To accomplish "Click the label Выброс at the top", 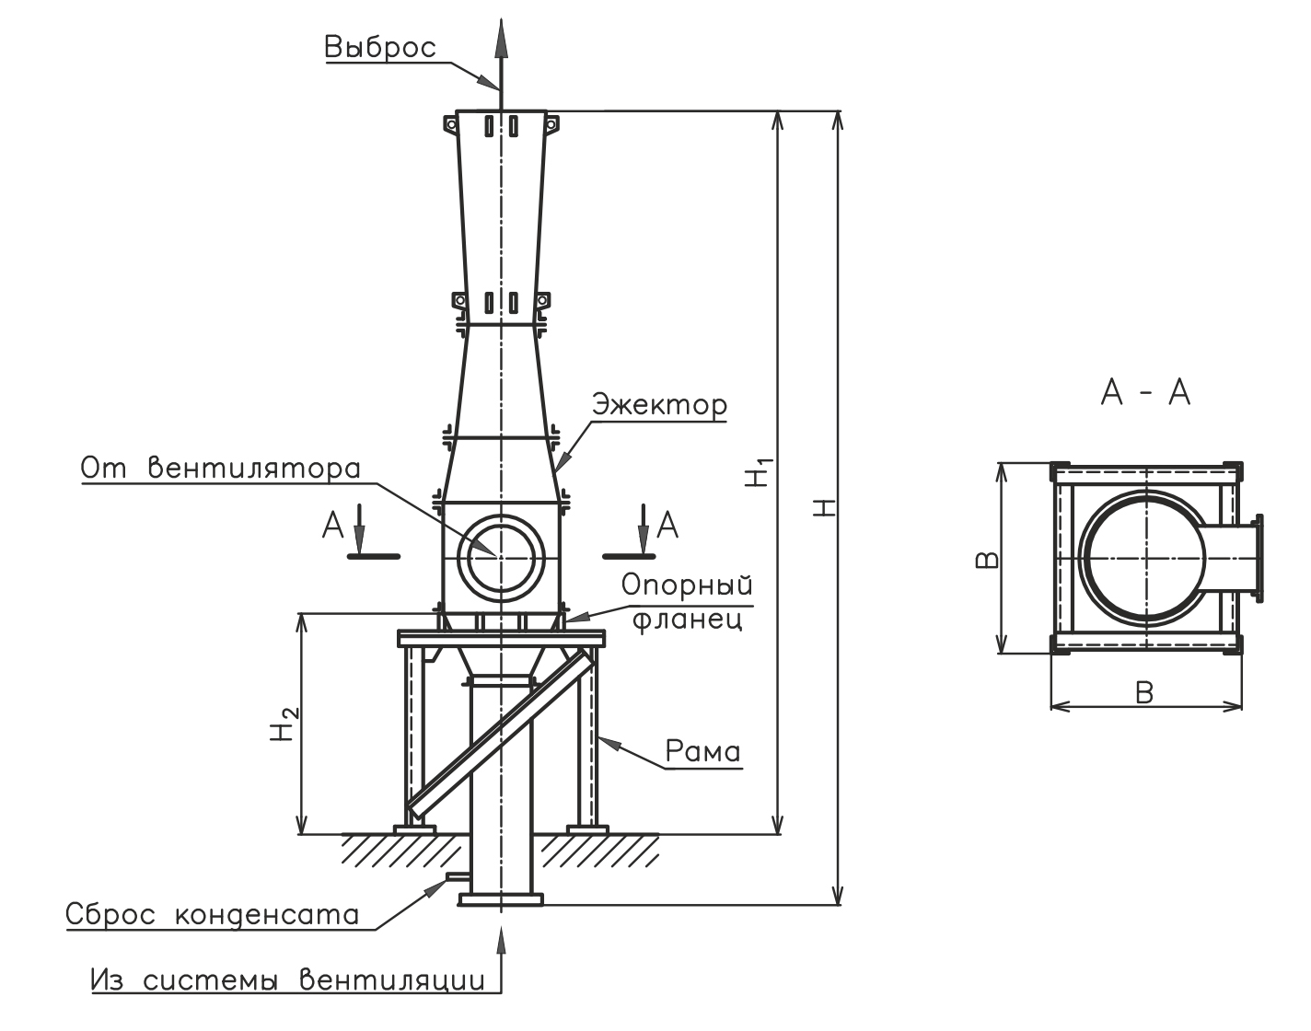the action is coord(380,48).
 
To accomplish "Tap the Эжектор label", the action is coord(660,405).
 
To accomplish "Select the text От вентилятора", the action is coord(221,469).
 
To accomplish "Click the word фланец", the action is coord(687,620).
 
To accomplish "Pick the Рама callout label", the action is coord(703,751).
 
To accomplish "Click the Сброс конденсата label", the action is coord(213,915).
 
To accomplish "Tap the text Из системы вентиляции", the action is coord(288,980).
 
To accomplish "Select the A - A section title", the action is coord(1145,392).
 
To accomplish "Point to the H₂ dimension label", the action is coord(285,724).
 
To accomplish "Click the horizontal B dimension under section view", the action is coord(1144,693).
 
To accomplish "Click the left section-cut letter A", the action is coord(332,526).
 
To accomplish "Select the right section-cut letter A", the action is coord(667,526).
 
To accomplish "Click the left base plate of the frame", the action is coord(415,830).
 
